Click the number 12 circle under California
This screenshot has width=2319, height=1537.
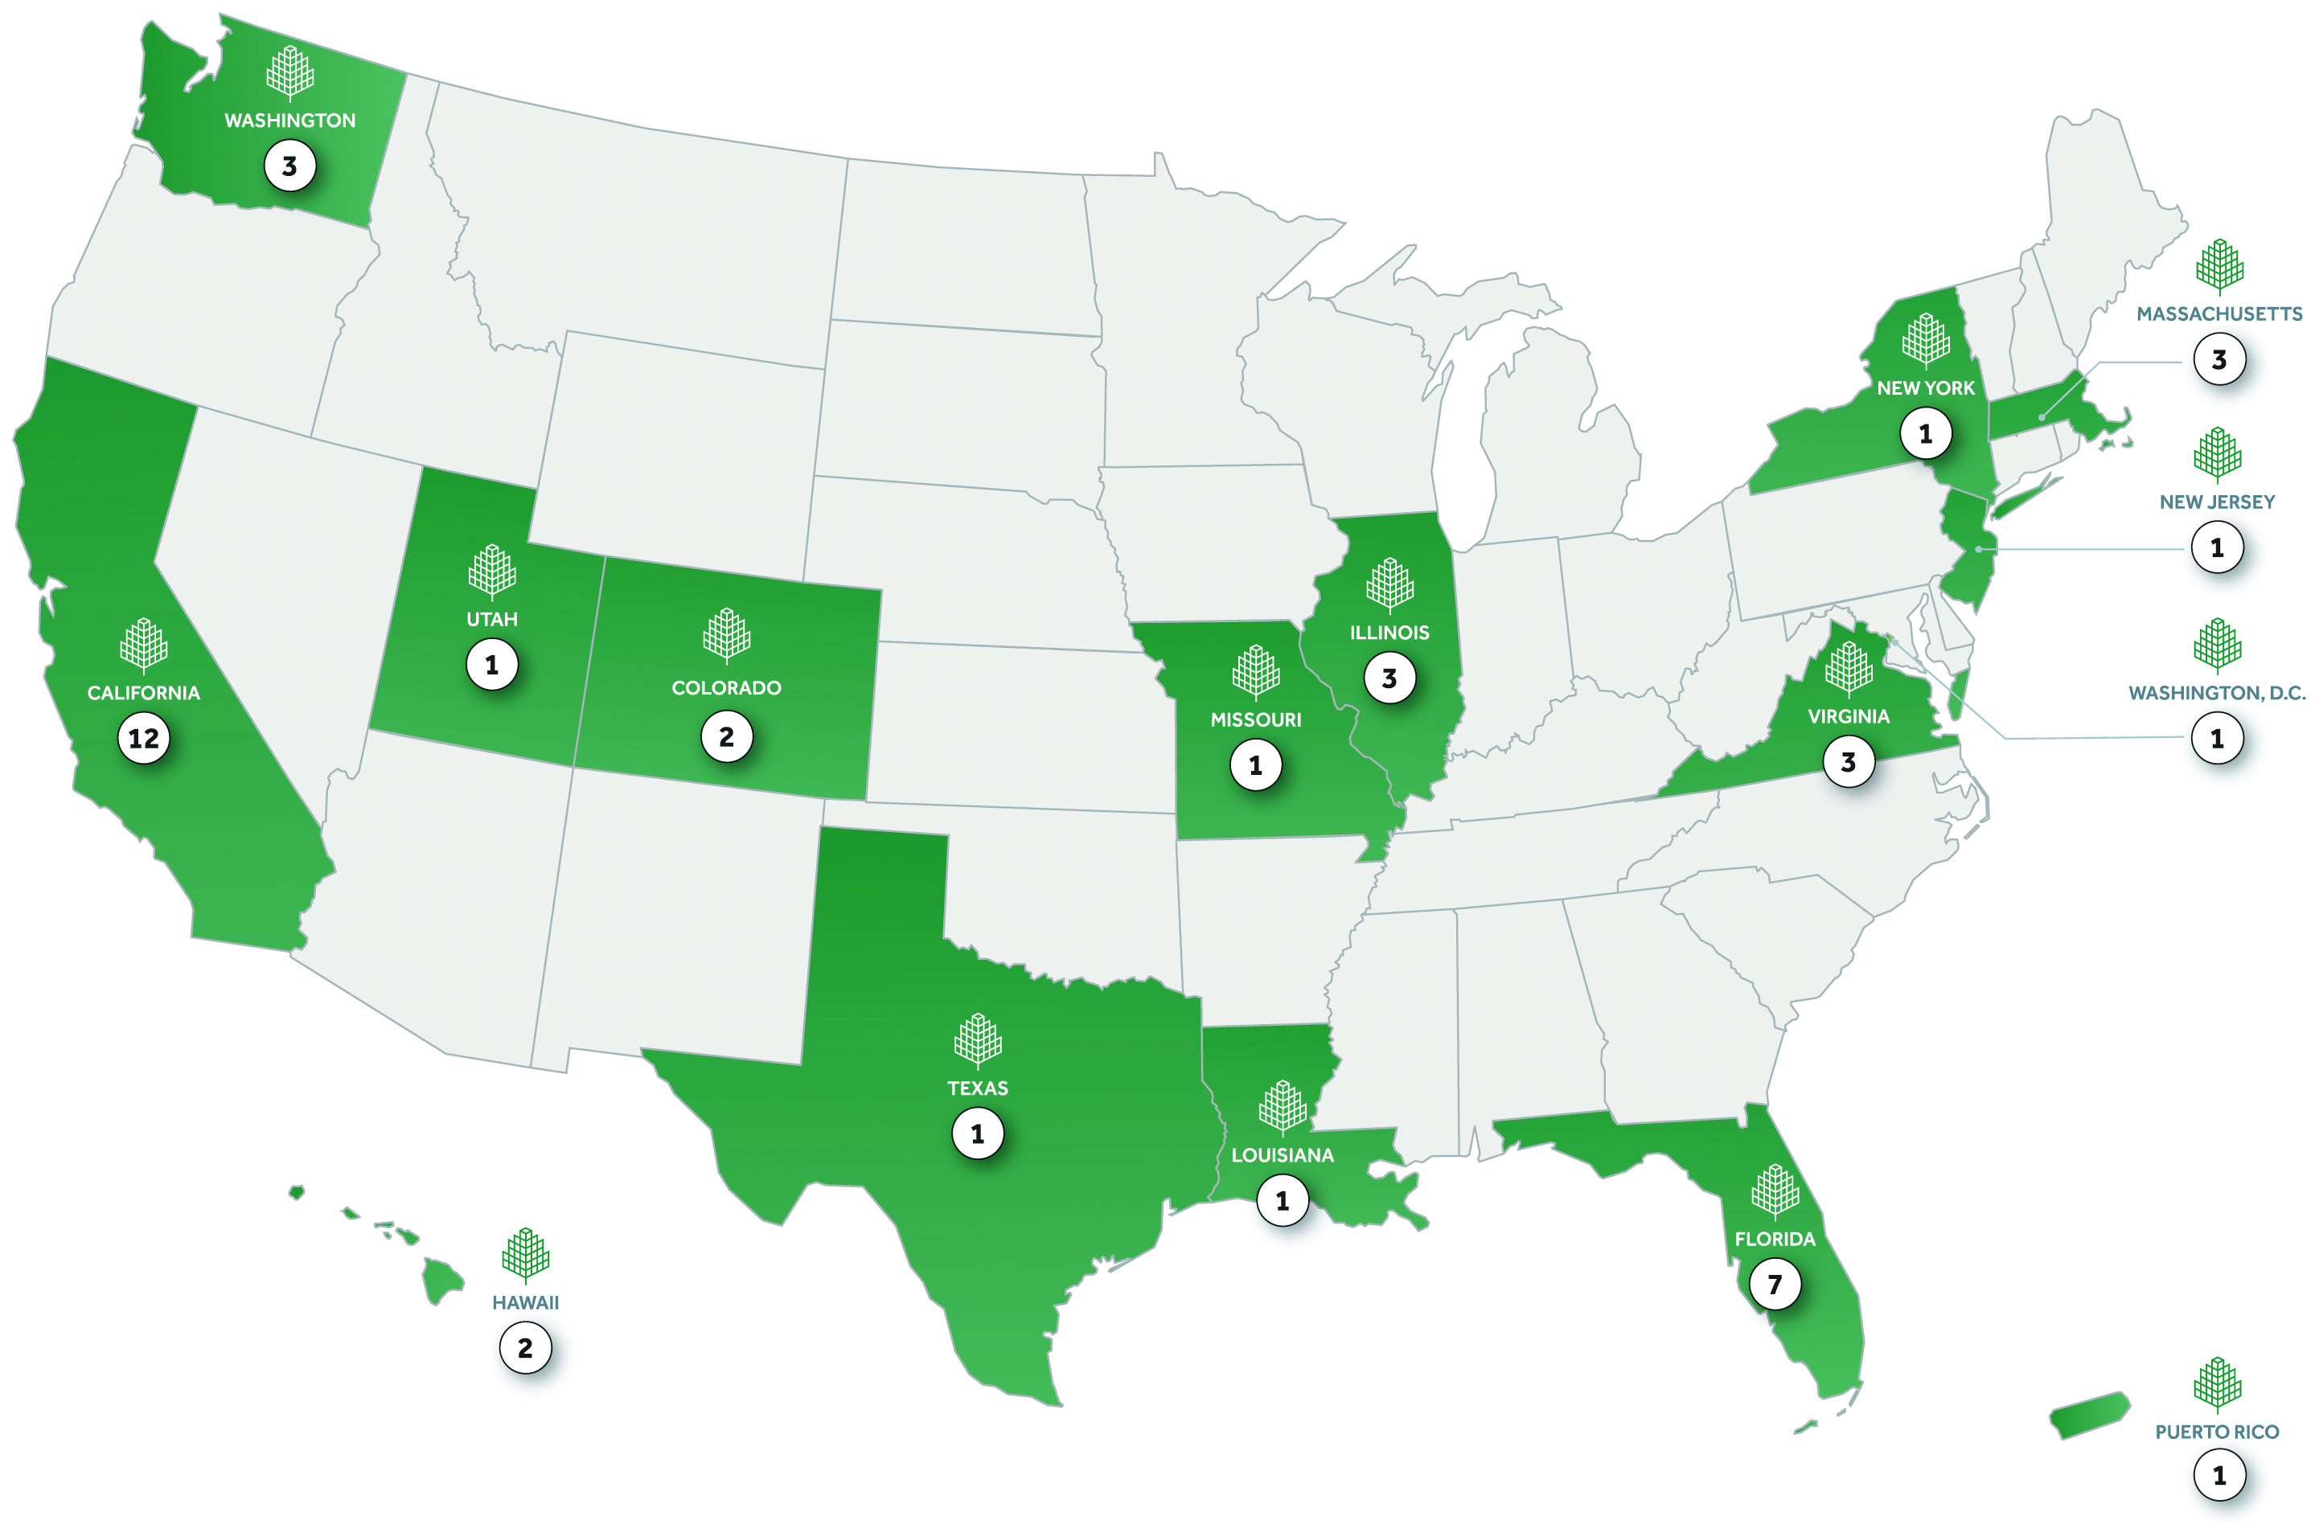click(143, 738)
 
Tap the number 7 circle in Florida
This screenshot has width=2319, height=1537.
click(1774, 1284)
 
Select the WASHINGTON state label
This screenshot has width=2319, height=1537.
click(289, 121)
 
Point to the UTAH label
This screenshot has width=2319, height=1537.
click(491, 620)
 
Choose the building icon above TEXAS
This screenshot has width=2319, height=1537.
click(977, 1039)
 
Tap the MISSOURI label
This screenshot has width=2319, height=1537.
click(1255, 719)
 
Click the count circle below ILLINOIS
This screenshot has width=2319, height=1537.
click(1389, 678)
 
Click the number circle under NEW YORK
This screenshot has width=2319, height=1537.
click(1925, 433)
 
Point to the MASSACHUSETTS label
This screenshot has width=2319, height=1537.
click(2219, 314)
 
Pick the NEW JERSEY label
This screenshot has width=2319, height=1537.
click(2216, 502)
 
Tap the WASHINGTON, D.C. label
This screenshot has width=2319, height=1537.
click(2216, 693)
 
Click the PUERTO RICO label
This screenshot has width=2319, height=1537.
click(2216, 1432)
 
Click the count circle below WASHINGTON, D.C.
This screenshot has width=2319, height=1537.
click(2216, 738)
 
